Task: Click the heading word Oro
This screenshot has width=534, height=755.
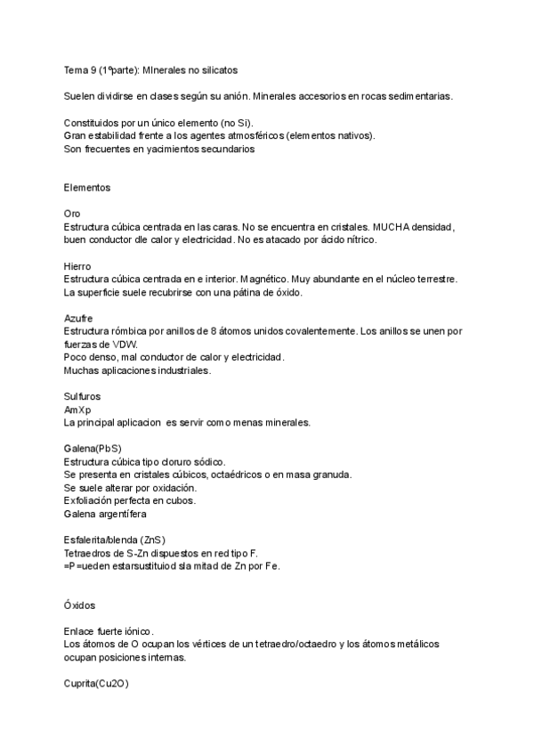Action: pos(72,215)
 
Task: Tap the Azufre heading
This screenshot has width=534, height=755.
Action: pos(78,318)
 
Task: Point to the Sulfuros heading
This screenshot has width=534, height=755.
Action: pos(83,396)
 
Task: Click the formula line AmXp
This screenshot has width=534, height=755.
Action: pos(78,409)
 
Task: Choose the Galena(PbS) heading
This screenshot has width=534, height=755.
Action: pos(93,449)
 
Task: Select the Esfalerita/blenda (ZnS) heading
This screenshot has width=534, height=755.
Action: pos(115,540)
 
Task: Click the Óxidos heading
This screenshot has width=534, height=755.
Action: pos(81,605)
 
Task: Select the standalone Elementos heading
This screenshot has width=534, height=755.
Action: pos(88,188)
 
